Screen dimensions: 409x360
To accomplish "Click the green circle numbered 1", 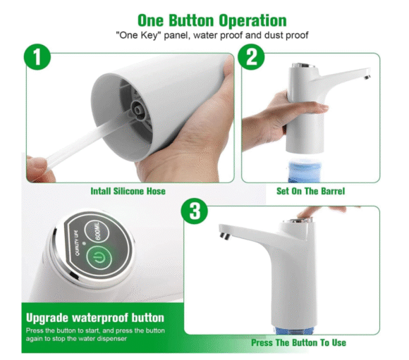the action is (37, 56).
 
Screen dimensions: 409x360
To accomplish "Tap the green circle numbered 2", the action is (251, 56).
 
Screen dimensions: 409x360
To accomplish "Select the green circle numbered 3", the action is (195, 211).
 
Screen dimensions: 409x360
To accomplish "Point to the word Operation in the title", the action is (252, 20).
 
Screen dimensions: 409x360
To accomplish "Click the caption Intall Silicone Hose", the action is (128, 191).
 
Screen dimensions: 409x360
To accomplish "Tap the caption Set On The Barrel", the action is (310, 191).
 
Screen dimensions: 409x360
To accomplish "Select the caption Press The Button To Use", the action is (298, 342).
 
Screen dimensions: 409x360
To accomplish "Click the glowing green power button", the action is (99, 258).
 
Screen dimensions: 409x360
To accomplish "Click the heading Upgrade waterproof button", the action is (95, 318).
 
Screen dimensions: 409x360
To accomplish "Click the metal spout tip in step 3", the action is (225, 235).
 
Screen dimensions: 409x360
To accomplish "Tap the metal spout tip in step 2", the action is (367, 77).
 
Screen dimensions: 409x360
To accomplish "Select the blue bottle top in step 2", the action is (305, 170).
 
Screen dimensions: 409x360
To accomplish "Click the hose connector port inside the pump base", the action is (138, 109).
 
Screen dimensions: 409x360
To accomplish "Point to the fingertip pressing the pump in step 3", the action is (303, 214).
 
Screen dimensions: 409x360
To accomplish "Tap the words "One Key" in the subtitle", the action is (138, 35).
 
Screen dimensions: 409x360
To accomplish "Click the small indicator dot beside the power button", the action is (84, 243).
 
